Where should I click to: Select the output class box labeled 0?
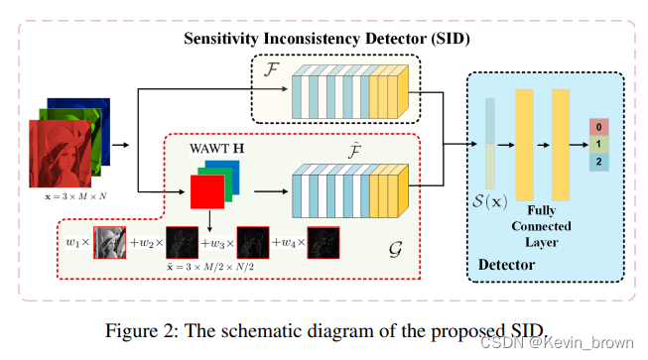599,127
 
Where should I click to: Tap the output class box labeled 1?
599,145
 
